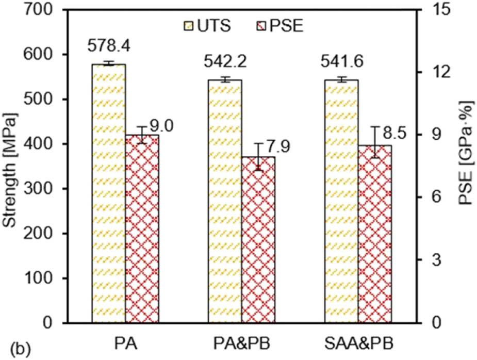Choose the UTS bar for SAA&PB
341,201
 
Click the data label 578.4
109,47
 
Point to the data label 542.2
225,63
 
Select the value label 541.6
341,63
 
